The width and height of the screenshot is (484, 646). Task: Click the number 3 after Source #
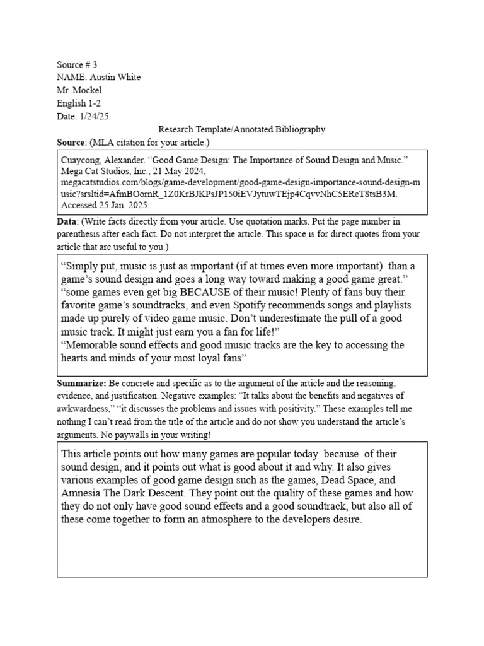click(95, 64)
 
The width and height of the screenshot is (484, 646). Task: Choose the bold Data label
click(67, 222)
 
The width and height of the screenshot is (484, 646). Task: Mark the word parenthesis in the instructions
click(77, 233)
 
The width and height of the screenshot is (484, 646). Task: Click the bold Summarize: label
click(82, 384)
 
